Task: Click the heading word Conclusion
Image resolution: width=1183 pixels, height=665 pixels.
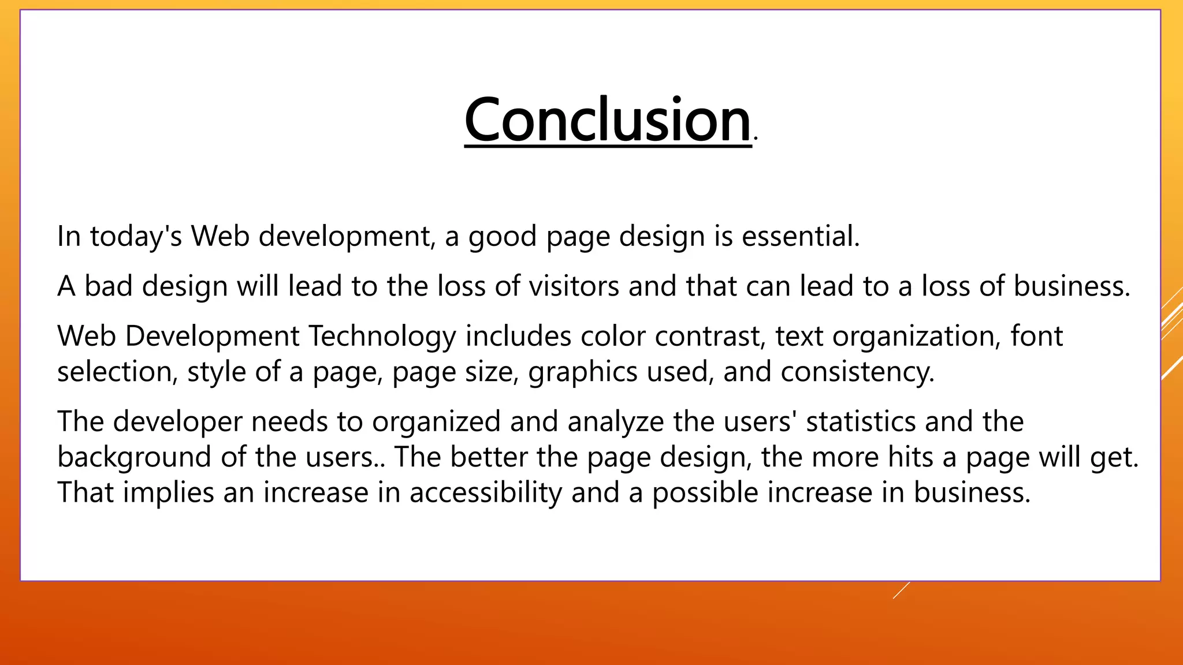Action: pos(608,120)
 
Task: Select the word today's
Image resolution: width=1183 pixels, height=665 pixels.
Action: pos(136,236)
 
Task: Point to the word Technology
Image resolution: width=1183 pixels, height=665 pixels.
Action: pos(382,336)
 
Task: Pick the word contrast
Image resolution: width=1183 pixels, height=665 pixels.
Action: pos(710,336)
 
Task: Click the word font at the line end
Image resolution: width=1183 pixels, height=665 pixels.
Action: pos(1036,336)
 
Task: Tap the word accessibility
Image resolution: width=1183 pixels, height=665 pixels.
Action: pos(485,492)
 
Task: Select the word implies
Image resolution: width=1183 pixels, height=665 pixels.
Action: pos(168,492)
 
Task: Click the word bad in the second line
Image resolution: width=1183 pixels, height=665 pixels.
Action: pos(109,286)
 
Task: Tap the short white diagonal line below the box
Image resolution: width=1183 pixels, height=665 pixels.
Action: pos(901,590)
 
